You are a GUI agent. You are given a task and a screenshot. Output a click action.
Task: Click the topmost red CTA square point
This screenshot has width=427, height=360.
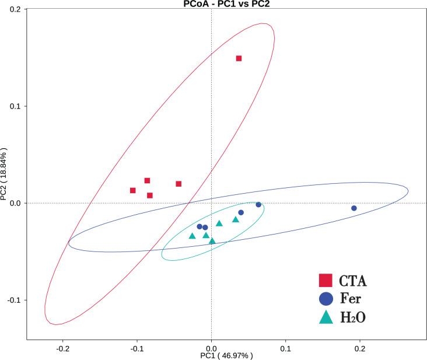pos(239,58)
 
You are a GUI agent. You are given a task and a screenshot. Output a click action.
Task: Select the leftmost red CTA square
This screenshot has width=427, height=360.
pos(133,190)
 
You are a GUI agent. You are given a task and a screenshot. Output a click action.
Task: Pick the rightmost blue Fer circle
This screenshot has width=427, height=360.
pos(354,208)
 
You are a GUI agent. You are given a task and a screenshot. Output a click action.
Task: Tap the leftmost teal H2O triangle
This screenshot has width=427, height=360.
pos(192,236)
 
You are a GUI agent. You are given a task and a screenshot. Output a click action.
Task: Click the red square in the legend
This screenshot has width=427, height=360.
pos(326,281)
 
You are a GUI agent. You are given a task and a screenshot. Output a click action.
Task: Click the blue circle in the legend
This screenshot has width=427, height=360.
pos(326,299)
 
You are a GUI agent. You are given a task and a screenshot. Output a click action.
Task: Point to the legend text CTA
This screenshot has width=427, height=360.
pos(353,281)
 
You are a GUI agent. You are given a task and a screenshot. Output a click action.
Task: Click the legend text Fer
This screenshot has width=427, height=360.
pos(352,299)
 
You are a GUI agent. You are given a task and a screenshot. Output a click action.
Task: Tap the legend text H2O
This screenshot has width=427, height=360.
pos(353,317)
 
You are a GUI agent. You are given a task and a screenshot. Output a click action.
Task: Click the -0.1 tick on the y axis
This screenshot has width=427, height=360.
pos(14,300)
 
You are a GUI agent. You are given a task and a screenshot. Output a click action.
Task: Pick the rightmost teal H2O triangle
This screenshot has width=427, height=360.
pos(236,219)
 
